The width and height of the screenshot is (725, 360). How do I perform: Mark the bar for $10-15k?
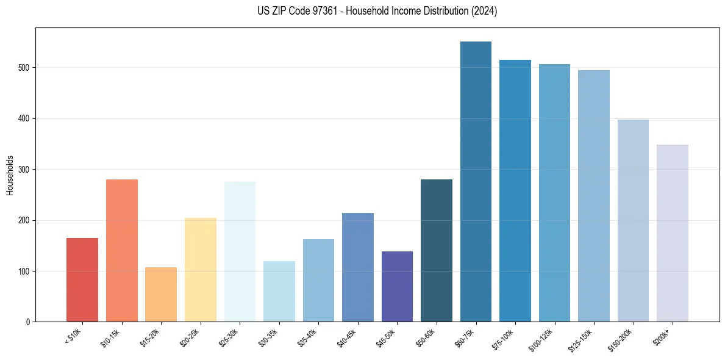[122, 250]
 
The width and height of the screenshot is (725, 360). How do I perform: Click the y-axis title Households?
[10, 175]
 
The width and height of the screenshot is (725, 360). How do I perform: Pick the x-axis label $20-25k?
[189, 336]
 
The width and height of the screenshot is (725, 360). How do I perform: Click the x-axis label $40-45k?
[346, 336]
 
